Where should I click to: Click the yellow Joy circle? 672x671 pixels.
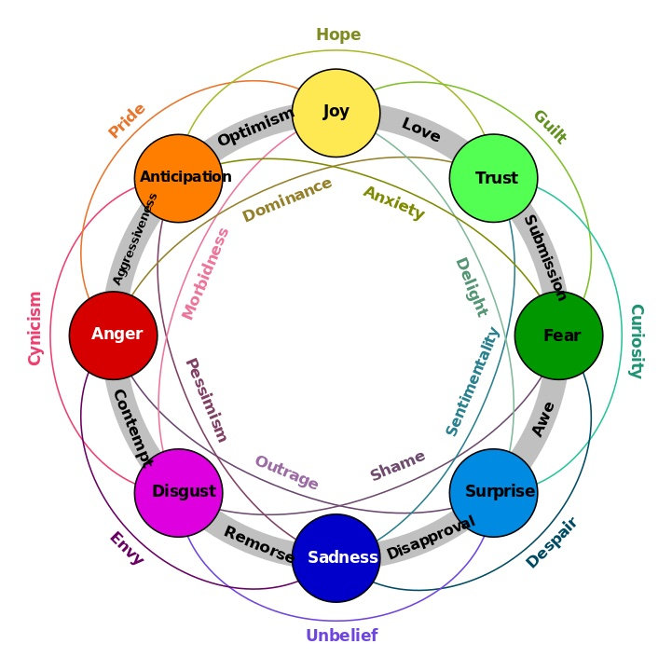click(x=336, y=112)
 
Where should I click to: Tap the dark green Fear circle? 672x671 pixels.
click(x=559, y=335)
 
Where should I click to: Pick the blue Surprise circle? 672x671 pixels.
click(x=494, y=492)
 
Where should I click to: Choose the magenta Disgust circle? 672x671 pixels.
click(x=179, y=492)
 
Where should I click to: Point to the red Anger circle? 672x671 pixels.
click(x=114, y=335)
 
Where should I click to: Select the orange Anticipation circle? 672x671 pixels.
click(x=179, y=177)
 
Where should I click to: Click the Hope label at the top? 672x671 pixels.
click(x=337, y=35)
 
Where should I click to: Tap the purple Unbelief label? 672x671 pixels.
click(x=341, y=637)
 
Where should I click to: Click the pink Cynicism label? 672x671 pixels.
click(x=34, y=328)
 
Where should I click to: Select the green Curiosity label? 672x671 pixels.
click(x=637, y=341)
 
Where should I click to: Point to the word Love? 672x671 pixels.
click(x=420, y=130)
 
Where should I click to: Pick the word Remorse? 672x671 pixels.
click(x=258, y=545)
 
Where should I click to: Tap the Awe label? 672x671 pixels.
click(x=543, y=419)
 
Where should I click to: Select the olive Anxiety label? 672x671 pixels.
click(x=393, y=203)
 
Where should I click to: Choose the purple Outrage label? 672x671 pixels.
click(x=287, y=473)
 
